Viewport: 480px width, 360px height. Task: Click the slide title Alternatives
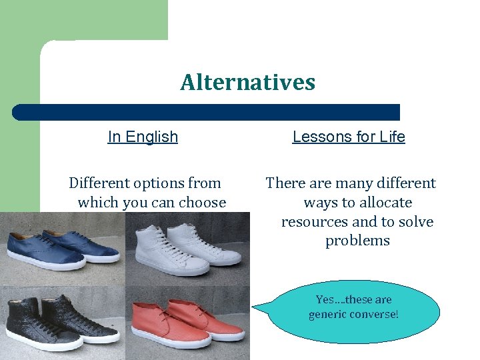(x=247, y=83)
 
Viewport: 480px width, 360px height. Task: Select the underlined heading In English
(x=143, y=137)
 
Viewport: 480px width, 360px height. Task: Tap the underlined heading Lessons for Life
(x=349, y=137)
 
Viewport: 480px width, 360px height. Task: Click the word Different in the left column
(x=99, y=183)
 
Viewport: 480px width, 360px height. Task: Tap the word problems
(x=357, y=241)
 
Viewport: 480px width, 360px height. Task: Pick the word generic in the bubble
(x=325, y=315)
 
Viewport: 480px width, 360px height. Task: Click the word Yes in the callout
(x=325, y=300)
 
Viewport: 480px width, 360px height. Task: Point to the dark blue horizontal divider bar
(x=207, y=112)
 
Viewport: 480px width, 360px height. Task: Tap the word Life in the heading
(x=392, y=137)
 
